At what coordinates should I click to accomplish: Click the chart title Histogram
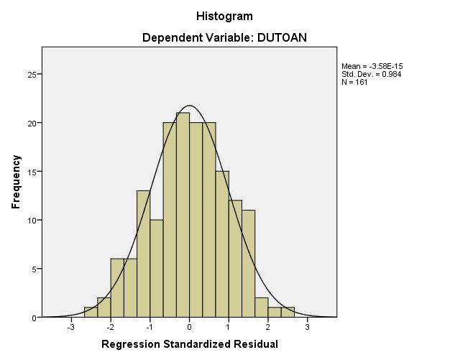[x=224, y=15]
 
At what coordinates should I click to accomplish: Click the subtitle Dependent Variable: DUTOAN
[x=224, y=38]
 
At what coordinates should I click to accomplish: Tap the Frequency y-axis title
[x=15, y=182]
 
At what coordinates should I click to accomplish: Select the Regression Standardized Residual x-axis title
[x=189, y=344]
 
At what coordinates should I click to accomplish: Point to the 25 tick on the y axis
[x=31, y=74]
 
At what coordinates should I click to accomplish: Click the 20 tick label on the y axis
[x=31, y=123]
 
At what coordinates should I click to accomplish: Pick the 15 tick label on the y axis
[x=31, y=172]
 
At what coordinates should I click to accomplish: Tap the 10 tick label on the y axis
[x=31, y=220]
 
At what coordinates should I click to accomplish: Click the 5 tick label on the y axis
[x=33, y=269]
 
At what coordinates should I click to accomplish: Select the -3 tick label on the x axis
[x=70, y=328]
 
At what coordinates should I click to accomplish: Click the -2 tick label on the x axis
[x=109, y=328]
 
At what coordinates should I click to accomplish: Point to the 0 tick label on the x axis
[x=189, y=328]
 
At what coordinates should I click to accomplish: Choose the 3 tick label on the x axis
[x=307, y=328]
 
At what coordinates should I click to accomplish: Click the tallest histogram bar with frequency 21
[x=183, y=216]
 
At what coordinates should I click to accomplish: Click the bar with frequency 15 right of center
[x=222, y=244]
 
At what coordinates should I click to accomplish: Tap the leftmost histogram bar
[x=91, y=313]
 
